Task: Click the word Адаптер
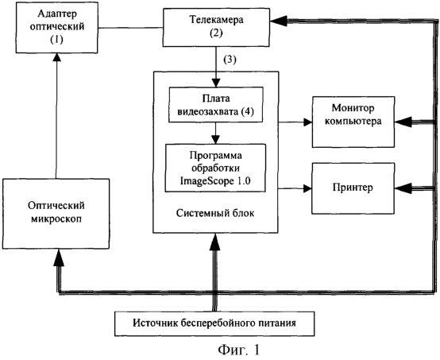point(57,14)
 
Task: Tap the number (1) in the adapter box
point(56,39)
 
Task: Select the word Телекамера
point(216,20)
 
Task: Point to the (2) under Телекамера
point(216,33)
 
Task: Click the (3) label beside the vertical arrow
point(230,60)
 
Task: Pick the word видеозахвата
point(207,112)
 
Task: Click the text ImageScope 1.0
point(215,181)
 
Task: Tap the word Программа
point(215,156)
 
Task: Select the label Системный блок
point(215,213)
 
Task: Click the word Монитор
point(353,108)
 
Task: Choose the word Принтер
point(353,188)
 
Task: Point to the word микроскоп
point(56,219)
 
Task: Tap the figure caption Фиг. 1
point(239,350)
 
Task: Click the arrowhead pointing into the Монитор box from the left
point(308,122)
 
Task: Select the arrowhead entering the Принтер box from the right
point(403,188)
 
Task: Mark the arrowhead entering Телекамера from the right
point(278,21)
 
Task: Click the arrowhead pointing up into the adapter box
point(57,56)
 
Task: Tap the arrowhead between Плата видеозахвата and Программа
point(215,140)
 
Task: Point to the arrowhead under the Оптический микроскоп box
point(59,257)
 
